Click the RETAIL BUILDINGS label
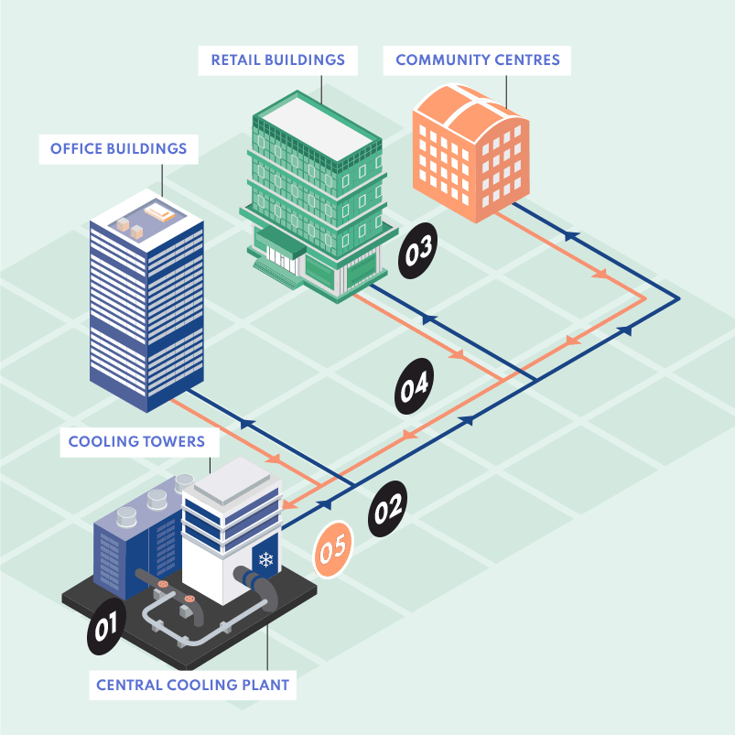(278, 60)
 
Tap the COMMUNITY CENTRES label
(477, 60)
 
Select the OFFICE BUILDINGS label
(119, 149)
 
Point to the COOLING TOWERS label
(136, 441)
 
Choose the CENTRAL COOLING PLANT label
(192, 685)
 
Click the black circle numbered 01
(106, 626)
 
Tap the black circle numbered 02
(388, 509)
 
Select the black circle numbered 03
(417, 251)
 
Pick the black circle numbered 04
(415, 385)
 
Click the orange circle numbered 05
(333, 549)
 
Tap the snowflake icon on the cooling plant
(265, 559)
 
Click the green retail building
(319, 197)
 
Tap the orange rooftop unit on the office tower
(159, 212)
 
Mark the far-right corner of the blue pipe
(679, 298)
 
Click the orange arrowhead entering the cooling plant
(289, 505)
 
